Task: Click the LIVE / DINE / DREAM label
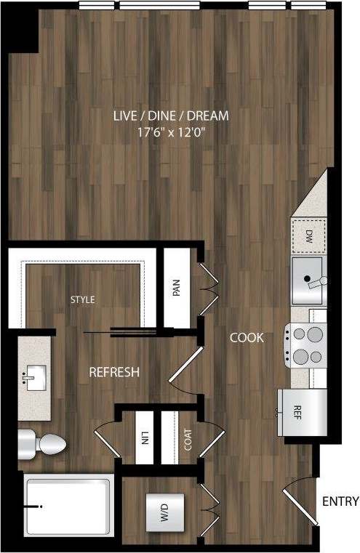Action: pos(171,116)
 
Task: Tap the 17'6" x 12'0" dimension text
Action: pos(171,133)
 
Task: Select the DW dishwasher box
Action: pos(308,235)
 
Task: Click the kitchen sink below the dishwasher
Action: pos(308,279)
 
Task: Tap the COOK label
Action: pos(247,337)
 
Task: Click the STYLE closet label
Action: pos(82,299)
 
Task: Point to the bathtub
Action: pos(68,506)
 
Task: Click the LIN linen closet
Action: pos(145,438)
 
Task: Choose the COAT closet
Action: pos(188,438)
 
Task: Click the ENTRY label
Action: pos(340,501)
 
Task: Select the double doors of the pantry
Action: pos(207,288)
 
